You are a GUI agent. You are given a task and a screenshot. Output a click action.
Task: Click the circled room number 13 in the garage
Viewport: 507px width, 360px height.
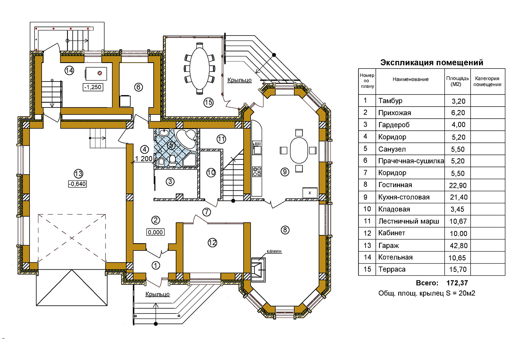(78, 174)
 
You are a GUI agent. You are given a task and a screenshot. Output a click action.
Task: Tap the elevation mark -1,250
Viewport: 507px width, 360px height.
(93, 87)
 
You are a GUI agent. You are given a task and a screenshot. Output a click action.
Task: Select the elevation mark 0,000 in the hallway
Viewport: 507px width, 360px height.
(155, 232)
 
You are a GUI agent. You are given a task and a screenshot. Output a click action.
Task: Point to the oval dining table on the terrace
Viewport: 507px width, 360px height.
(200, 69)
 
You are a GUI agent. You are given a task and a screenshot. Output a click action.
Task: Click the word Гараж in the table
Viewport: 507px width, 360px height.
(388, 245)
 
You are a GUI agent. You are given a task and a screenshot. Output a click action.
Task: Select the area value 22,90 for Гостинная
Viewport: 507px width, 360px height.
(458, 185)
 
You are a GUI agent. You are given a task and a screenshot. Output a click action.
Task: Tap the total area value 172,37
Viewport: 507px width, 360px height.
(457, 283)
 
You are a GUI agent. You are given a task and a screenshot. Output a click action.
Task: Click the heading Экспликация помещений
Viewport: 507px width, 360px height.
(432, 62)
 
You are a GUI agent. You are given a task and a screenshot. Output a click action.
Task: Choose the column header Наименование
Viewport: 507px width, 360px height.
(410, 79)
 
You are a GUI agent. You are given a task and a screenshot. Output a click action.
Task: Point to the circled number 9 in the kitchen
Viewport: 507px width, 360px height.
(285, 172)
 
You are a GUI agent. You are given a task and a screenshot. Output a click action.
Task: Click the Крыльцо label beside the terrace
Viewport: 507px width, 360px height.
(239, 80)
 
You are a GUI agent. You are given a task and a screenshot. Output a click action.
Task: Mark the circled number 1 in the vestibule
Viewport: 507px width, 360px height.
(156, 265)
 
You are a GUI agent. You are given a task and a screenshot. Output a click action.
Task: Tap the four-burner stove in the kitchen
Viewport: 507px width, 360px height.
(257, 172)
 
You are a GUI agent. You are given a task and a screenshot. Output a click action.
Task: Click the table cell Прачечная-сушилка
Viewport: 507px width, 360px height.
(411, 161)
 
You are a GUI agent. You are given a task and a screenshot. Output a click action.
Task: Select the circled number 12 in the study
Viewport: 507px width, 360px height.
(212, 243)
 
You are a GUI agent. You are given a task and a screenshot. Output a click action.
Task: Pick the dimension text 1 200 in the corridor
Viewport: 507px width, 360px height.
(144, 159)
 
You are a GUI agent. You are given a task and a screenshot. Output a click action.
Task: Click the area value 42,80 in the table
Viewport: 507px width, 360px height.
(458, 245)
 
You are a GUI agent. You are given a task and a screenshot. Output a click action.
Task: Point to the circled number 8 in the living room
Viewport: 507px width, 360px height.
(285, 230)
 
